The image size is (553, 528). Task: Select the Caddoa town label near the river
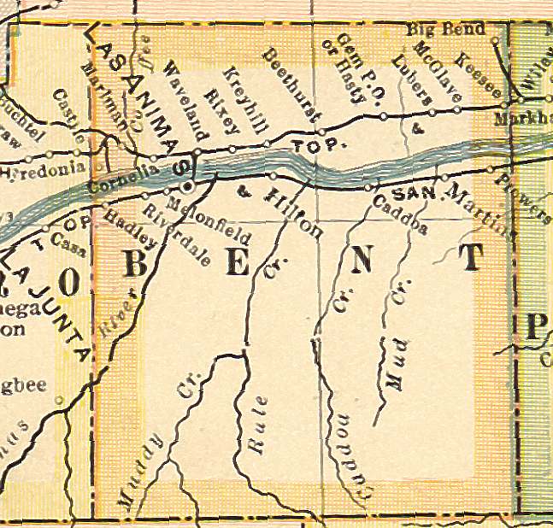401,216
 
